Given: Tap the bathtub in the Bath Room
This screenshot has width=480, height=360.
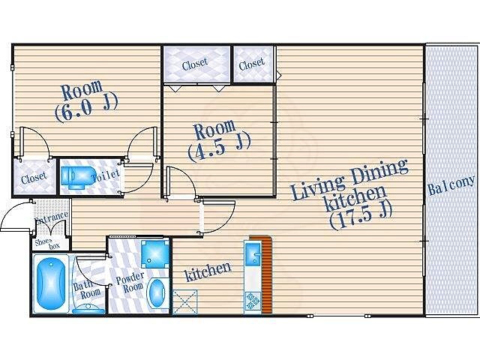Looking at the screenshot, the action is pyautogui.click(x=51, y=284).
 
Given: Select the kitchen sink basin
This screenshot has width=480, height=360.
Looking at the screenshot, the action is pyautogui.click(x=253, y=254).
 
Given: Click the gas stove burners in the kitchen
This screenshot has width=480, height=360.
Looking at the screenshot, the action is pyautogui.click(x=253, y=301).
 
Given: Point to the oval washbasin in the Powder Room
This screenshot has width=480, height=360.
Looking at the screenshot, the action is pyautogui.click(x=157, y=293).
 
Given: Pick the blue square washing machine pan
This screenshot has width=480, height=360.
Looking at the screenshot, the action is pyautogui.click(x=155, y=253).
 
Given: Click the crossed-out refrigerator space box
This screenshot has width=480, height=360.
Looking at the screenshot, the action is pyautogui.click(x=185, y=301).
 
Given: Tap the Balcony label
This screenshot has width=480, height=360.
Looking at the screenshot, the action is pyautogui.click(x=452, y=185).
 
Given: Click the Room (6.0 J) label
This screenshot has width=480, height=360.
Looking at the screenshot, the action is pyautogui.click(x=85, y=100).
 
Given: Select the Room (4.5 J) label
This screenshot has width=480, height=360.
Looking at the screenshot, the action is pyautogui.click(x=218, y=140).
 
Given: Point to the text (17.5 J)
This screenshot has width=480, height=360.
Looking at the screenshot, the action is pyautogui.click(x=361, y=215).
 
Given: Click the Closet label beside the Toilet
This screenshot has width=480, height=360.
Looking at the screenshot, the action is pyautogui.click(x=34, y=178).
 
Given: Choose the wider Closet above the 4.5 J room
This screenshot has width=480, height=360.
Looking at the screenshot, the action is pyautogui.click(x=195, y=64).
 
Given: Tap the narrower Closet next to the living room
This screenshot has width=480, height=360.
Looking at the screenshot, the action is pyautogui.click(x=252, y=64).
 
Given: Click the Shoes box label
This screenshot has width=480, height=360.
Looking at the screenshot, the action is pyautogui.click(x=46, y=244).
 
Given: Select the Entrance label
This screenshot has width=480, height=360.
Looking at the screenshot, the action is pyautogui.click(x=52, y=217).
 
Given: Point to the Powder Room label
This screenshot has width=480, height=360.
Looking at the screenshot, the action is pyautogui.click(x=130, y=283).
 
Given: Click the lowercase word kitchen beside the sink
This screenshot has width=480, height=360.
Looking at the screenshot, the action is pyautogui.click(x=208, y=271).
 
